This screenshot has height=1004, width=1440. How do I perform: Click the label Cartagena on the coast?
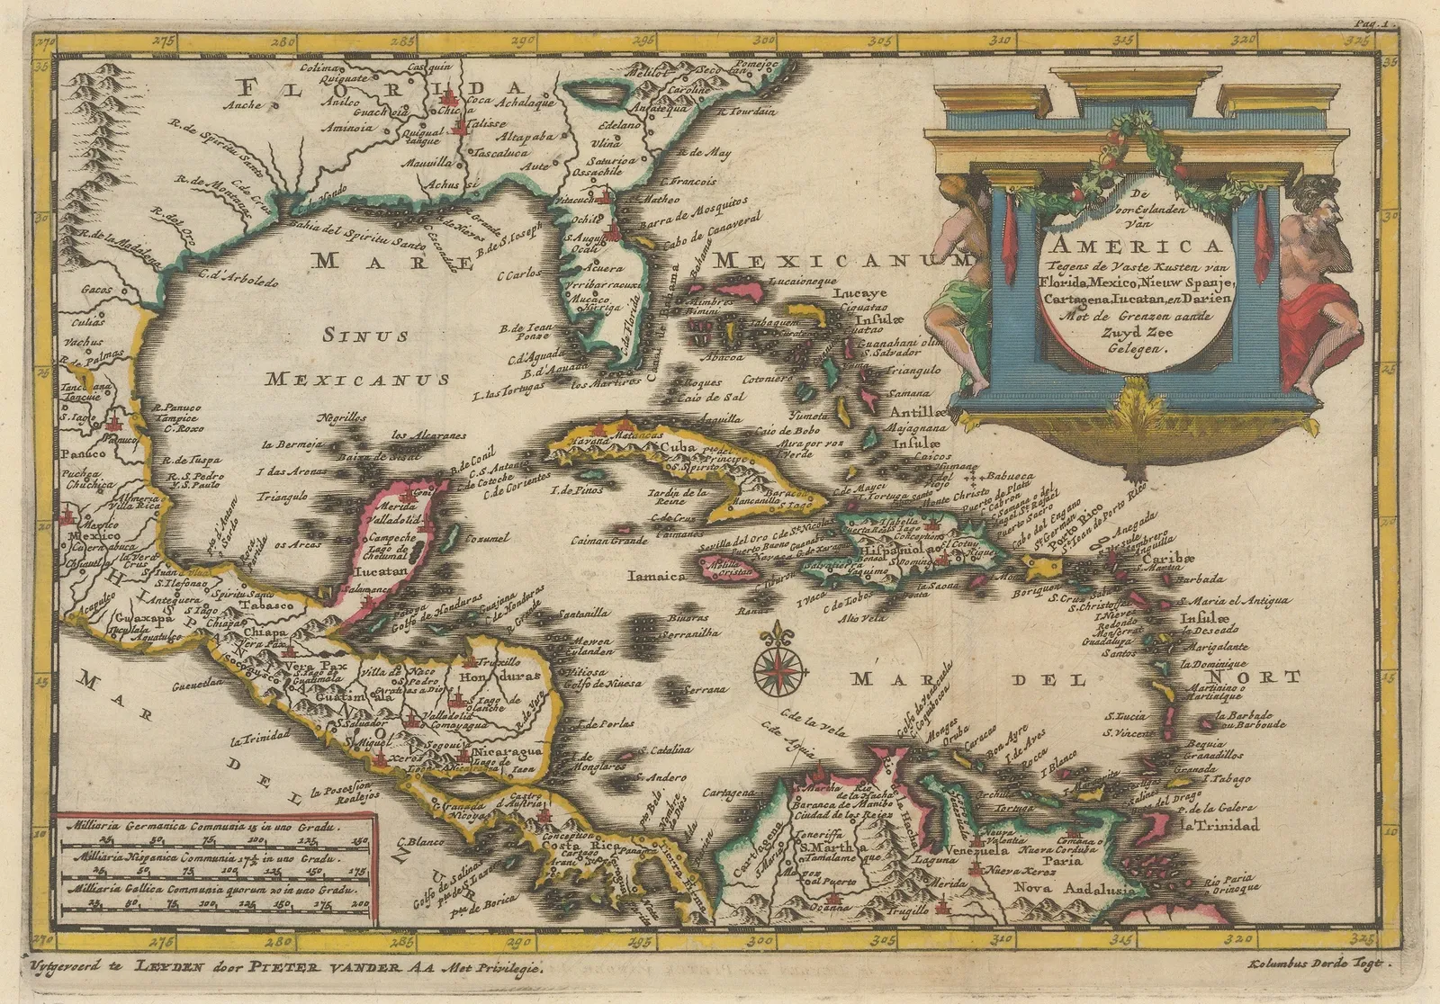727,793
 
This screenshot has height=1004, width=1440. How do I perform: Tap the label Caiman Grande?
609,541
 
